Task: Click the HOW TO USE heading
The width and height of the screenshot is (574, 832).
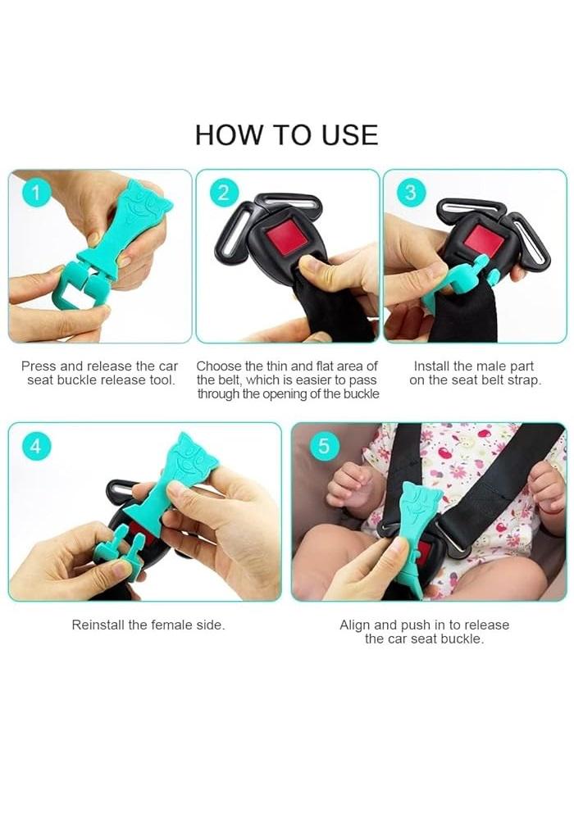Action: [x=286, y=134]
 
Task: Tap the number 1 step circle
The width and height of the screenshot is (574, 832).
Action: [x=36, y=192]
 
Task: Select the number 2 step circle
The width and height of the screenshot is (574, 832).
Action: [x=224, y=192]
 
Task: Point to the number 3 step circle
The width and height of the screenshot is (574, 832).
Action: [x=411, y=192]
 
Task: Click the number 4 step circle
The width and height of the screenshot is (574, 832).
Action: [x=36, y=446]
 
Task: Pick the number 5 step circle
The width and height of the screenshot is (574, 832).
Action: [x=324, y=446]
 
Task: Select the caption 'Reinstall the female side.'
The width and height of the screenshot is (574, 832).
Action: [x=148, y=625]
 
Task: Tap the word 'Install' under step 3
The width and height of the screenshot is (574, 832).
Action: [x=430, y=366]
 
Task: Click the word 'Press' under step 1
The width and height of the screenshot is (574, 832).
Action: [x=39, y=366]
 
